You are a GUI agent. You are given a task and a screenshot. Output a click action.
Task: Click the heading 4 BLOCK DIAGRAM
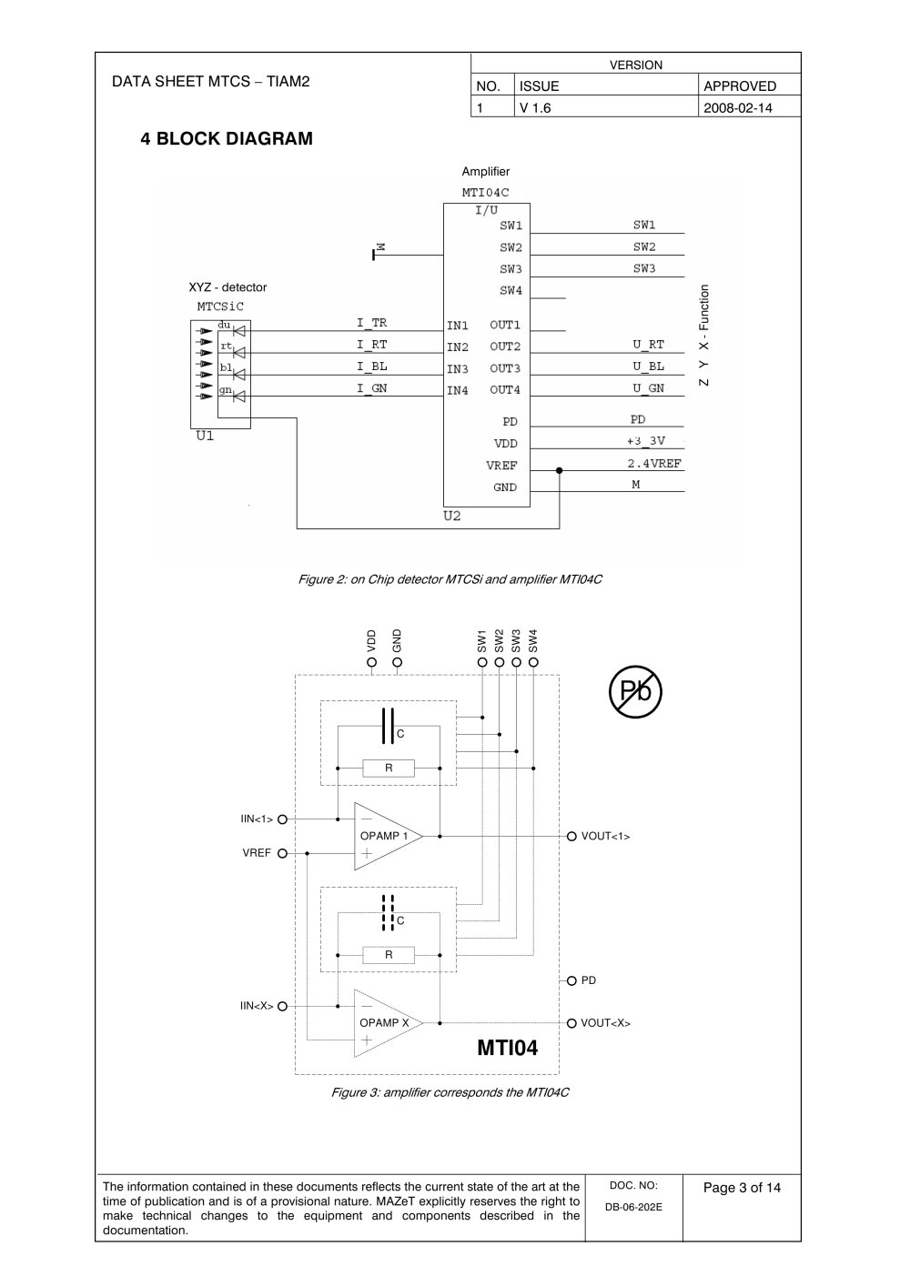point(227,139)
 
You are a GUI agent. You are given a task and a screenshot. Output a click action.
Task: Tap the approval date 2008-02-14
point(738,108)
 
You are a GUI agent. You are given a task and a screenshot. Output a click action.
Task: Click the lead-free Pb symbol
point(635,691)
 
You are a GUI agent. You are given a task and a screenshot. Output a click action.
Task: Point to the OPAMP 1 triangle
point(388,836)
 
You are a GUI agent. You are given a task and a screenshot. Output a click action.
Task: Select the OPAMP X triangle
point(388,1023)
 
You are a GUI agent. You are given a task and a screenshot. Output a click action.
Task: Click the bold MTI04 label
point(507,1048)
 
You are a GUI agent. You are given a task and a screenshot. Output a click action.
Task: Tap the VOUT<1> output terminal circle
point(571,837)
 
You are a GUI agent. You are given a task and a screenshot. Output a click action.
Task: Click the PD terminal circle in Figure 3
point(571,981)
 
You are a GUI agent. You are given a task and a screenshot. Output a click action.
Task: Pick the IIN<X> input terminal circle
point(282,1007)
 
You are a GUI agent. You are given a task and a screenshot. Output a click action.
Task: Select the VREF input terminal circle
point(282,854)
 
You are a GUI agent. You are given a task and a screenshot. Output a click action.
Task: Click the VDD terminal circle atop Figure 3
point(371,662)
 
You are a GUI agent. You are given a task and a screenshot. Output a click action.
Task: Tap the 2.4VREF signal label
point(653,463)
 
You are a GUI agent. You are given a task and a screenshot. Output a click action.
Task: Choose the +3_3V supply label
point(646,441)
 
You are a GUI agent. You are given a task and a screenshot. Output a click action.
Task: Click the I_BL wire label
point(371,367)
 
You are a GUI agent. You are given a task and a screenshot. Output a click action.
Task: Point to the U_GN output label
point(648,388)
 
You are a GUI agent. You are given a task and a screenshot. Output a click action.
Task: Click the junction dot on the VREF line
point(559,471)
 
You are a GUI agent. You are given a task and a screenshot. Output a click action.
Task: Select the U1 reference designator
point(205,436)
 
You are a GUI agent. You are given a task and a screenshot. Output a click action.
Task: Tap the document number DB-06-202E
point(633,1207)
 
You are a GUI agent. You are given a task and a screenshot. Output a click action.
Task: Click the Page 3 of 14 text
point(742,1187)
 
